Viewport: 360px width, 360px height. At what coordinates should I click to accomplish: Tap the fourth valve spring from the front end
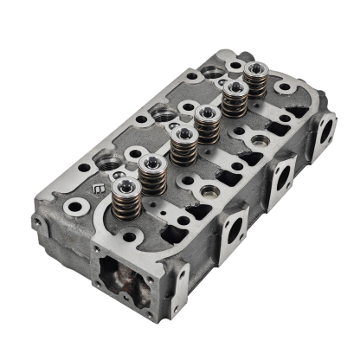tap(206, 125)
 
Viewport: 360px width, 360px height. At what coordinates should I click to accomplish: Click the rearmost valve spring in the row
tap(254, 80)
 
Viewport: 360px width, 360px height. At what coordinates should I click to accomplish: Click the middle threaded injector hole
tap(161, 113)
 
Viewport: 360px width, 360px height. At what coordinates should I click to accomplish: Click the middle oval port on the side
tap(280, 180)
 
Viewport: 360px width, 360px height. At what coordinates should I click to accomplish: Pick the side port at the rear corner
tap(325, 131)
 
